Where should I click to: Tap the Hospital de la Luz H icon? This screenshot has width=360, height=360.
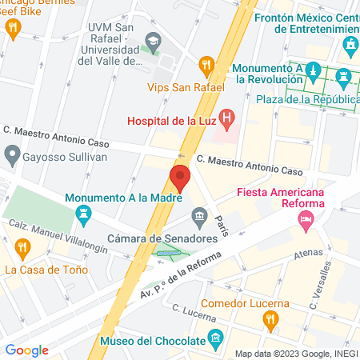(227, 121)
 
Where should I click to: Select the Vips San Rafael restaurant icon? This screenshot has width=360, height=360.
(206, 64)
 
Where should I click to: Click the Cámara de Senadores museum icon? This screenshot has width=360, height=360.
(198, 216)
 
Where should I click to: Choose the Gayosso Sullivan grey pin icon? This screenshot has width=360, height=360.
(12, 152)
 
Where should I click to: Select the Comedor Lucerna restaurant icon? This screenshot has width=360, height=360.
(270, 322)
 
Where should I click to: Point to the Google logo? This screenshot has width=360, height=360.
(26, 350)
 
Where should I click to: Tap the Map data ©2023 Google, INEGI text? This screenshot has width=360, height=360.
(295, 353)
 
